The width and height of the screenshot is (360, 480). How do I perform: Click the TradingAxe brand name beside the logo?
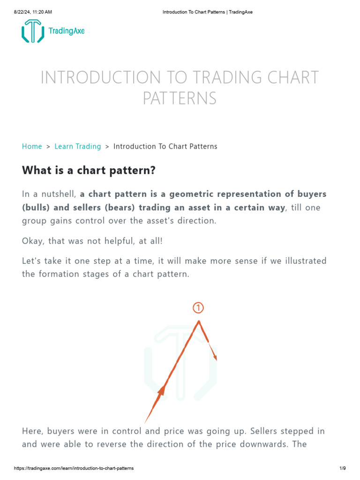[x=67, y=31]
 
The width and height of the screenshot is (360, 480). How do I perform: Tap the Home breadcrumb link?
[x=32, y=146]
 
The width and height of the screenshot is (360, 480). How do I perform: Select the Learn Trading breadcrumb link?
[x=78, y=146]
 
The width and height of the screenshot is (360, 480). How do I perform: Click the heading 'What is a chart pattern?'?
[x=89, y=171]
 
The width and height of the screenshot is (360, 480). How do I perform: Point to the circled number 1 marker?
[x=199, y=307]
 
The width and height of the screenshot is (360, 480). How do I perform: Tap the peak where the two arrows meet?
[x=199, y=322]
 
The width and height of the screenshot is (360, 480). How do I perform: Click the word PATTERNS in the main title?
[x=180, y=98]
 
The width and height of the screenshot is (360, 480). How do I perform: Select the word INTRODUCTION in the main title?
[x=98, y=77]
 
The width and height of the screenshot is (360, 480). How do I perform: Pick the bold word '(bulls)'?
[x=35, y=207]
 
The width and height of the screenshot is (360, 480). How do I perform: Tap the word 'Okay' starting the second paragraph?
[x=32, y=240]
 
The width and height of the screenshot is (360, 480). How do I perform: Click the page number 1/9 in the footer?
[x=342, y=468]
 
